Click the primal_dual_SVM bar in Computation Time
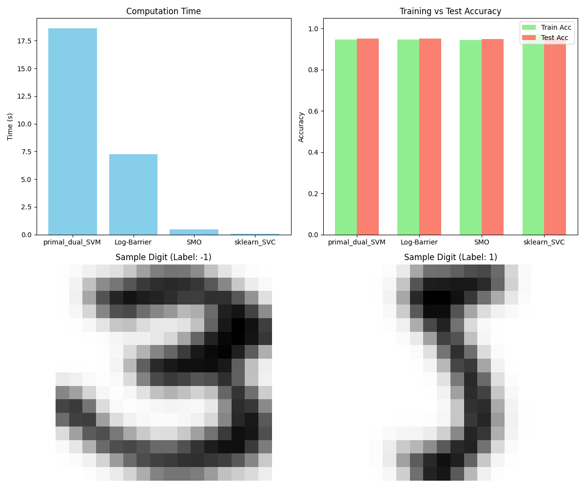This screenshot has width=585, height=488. (73, 132)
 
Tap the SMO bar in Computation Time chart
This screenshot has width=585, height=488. (194, 232)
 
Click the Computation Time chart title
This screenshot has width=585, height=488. (163, 11)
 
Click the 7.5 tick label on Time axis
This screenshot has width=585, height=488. (25, 152)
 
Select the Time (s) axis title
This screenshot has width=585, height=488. (11, 126)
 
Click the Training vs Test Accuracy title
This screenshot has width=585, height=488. (450, 11)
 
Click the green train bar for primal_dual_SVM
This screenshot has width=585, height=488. (346, 137)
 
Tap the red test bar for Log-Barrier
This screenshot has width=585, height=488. (430, 137)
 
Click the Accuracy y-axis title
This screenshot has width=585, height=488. (301, 127)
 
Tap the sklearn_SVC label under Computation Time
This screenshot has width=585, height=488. (255, 242)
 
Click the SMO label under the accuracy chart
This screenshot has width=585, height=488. (482, 242)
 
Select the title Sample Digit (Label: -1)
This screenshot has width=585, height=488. (163, 257)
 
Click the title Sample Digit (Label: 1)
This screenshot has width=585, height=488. (450, 257)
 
